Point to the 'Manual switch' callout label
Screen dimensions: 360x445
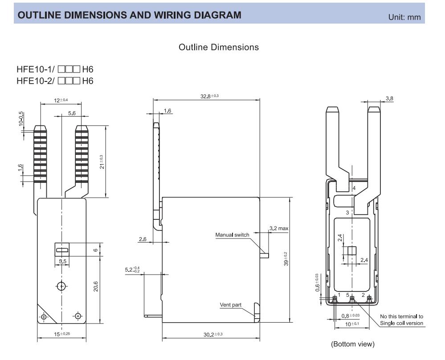click(x=233, y=235)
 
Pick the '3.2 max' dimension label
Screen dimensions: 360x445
click(x=279, y=229)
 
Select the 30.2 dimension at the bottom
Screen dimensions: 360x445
click(x=210, y=334)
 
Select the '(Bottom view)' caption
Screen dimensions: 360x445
click(x=352, y=344)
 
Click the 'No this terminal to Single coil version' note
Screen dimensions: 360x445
click(x=401, y=320)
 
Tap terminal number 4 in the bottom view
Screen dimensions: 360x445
click(x=354, y=189)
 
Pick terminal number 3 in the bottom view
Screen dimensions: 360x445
click(x=347, y=213)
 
